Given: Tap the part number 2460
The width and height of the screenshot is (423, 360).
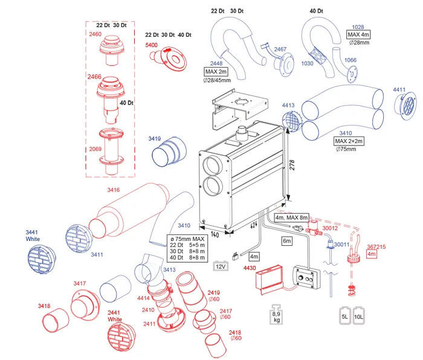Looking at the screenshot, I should [95, 34].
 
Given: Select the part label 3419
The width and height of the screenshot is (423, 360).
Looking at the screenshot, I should [155, 140].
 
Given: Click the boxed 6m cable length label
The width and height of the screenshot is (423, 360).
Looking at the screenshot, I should [287, 240].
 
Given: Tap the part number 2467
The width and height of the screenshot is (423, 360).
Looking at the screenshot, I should [280, 50].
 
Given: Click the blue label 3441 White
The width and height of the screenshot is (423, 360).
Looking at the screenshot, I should [33, 236].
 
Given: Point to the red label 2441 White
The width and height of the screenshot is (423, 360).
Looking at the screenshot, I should [115, 315].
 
